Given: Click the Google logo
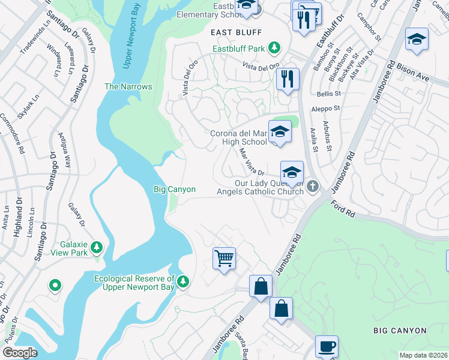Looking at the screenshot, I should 20,353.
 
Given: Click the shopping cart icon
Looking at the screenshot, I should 224,258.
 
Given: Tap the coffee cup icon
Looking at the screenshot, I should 327,346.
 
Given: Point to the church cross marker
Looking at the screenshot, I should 312,188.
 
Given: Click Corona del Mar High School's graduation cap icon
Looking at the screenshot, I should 280,131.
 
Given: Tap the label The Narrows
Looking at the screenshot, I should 128,86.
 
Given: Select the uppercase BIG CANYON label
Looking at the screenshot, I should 400,331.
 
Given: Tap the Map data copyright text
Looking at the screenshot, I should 423,355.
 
